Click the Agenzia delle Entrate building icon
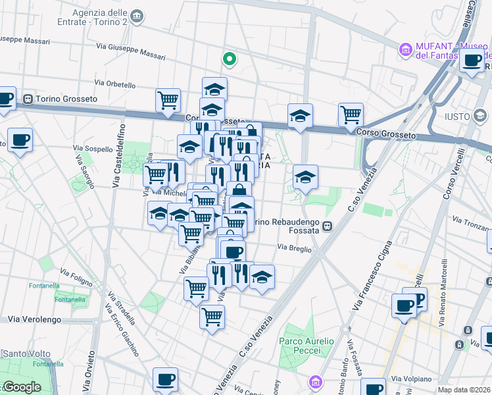point(137,16)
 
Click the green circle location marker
point(230,59)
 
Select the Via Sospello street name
point(94,149)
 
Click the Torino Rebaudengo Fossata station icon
point(327,226)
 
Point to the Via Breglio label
point(293,248)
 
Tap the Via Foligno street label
point(76,277)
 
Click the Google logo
point(21,387)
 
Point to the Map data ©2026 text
point(464,390)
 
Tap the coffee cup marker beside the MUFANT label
point(472,63)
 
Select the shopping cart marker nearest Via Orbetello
point(168,100)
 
